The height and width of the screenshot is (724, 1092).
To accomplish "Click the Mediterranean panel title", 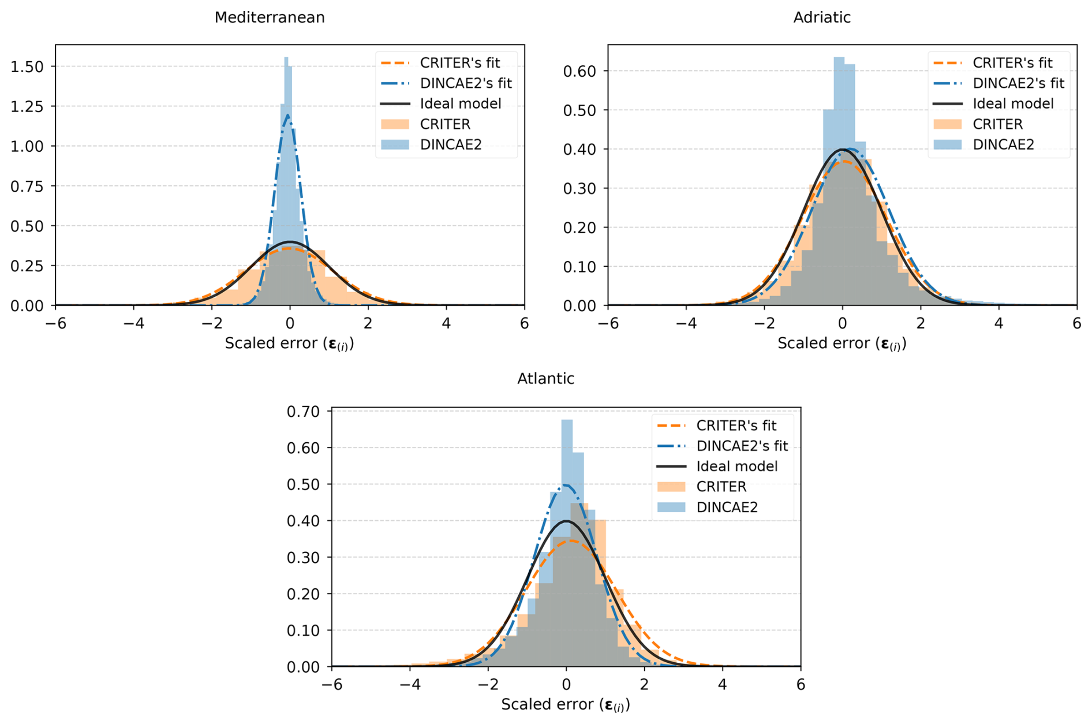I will [270, 17].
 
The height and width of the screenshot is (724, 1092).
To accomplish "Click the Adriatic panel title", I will [822, 17].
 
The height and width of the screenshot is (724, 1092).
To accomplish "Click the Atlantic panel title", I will [545, 379].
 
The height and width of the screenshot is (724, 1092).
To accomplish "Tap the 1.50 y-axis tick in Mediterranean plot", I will [27, 66].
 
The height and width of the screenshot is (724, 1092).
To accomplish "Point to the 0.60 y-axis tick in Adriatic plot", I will [579, 71].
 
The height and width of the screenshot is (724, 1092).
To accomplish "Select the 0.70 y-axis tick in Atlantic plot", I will [303, 412].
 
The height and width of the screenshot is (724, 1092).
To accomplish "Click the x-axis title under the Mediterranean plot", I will [289, 344].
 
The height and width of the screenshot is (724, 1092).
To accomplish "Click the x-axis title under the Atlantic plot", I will [566, 704].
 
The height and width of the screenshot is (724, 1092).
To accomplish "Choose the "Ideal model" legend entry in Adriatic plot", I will [1013, 104].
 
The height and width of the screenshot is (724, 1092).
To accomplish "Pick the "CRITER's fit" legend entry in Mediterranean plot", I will [459, 63].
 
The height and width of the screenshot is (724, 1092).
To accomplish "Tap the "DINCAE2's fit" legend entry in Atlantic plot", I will [742, 446].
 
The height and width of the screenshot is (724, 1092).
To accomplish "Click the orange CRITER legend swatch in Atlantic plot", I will [671, 487].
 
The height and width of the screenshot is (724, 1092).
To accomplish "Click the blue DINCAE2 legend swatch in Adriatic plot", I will [948, 145].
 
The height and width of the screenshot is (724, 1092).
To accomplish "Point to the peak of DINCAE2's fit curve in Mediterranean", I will [287, 115].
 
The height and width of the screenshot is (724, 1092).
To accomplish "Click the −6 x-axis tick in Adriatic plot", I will [608, 323].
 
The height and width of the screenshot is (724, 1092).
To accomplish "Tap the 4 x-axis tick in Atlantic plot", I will [723, 685].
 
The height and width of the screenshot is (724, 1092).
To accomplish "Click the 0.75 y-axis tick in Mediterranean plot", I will [27, 186].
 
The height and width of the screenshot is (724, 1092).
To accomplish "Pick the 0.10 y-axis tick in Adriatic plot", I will [579, 267].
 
